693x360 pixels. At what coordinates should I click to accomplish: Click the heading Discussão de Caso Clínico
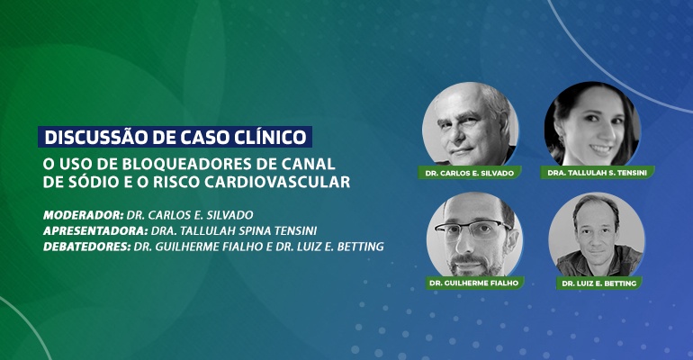click(175, 137)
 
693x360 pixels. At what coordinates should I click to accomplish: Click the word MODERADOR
click(83, 215)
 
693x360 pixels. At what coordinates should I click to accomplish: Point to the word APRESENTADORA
click(95, 230)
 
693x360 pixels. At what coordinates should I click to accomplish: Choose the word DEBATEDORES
click(87, 247)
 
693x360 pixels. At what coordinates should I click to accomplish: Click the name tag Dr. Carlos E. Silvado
click(470, 173)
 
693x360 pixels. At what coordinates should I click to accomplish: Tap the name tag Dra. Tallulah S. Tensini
click(597, 173)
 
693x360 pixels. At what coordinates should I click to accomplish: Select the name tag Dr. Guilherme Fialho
click(474, 283)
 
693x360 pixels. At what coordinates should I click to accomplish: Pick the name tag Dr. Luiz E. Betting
click(598, 283)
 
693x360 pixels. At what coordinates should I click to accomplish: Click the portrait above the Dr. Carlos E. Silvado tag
click(470, 124)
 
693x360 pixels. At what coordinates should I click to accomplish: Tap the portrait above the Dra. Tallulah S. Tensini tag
click(592, 123)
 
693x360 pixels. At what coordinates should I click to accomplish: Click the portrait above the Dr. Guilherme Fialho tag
click(474, 235)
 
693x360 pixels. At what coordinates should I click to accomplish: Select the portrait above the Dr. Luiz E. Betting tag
click(597, 235)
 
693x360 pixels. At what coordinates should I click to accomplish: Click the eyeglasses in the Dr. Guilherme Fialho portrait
click(472, 228)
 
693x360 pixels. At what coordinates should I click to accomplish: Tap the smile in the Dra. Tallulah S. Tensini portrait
click(601, 149)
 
